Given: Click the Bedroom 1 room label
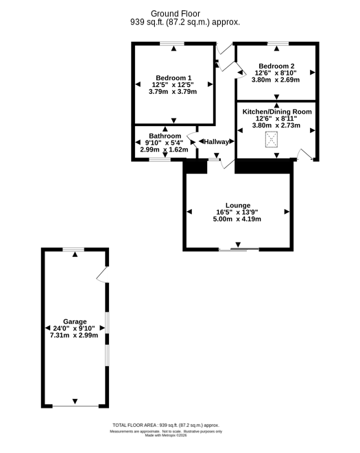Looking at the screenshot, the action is [173, 77].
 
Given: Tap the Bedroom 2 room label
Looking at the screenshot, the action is [276, 66].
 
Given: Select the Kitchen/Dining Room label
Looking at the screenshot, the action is [277, 112].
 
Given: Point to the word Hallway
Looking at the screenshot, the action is [216, 142].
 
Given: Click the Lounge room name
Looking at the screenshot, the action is [238, 205].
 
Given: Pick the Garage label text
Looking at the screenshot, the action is [75, 321].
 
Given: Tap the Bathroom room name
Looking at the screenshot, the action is [165, 136].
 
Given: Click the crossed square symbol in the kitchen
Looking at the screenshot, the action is [272, 140].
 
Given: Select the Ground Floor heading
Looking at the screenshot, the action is [176, 14].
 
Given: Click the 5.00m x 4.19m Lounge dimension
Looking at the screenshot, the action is [237, 219].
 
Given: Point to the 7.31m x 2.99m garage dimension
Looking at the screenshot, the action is [74, 335].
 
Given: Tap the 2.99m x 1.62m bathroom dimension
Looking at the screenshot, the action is [165, 149].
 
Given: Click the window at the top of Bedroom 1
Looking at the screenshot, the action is [172, 44].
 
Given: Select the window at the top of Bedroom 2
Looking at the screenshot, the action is [278, 44].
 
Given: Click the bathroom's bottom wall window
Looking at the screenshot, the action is [160, 159].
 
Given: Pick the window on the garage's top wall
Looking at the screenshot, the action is [74, 249].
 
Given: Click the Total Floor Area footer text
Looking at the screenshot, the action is [166, 425].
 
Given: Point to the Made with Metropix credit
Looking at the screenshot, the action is [166, 435].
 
